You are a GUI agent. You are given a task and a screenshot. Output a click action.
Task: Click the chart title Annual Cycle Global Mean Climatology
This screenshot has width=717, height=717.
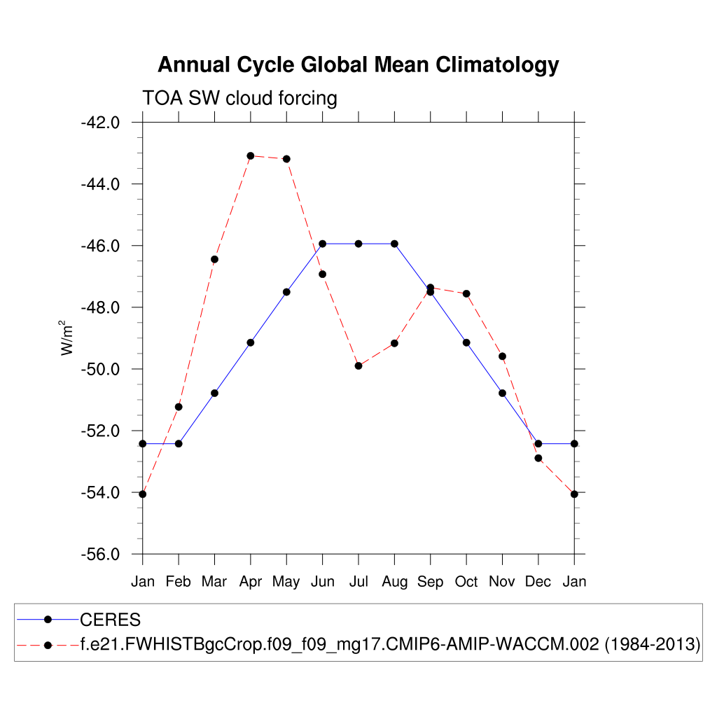(358, 65)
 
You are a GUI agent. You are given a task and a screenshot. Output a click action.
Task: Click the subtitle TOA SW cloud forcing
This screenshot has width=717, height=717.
(239, 98)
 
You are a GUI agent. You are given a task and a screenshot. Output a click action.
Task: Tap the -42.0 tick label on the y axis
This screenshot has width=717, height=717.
(100, 123)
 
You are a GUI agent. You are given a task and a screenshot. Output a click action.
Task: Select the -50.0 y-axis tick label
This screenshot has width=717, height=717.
(100, 369)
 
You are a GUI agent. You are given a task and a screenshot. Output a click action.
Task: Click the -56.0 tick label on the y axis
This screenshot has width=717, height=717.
(100, 555)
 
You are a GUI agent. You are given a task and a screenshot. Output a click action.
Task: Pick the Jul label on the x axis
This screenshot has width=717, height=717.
(358, 582)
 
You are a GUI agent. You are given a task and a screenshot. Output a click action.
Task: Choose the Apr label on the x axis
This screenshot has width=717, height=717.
(250, 582)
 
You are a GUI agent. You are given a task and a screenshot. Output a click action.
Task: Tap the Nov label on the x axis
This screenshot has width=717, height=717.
(502, 582)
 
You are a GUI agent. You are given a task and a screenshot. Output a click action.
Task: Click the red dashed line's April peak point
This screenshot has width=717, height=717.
(251, 155)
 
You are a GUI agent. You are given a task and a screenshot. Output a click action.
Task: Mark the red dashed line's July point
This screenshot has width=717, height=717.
(358, 366)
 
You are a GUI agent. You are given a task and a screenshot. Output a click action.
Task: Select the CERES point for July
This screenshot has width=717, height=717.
(358, 244)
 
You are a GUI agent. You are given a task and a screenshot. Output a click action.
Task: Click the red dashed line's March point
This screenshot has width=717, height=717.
(214, 259)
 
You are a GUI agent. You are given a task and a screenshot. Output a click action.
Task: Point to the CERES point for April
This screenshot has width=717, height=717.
(251, 342)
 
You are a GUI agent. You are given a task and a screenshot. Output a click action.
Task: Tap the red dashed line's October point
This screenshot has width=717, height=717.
(466, 293)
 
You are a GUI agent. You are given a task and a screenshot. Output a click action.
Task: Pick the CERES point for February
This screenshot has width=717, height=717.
(179, 443)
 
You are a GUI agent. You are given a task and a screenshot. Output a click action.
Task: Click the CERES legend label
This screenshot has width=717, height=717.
(111, 620)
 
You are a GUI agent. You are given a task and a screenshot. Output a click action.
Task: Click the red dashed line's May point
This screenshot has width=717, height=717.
(286, 159)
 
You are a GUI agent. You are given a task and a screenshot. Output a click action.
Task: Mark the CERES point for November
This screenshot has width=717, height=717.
(502, 393)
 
